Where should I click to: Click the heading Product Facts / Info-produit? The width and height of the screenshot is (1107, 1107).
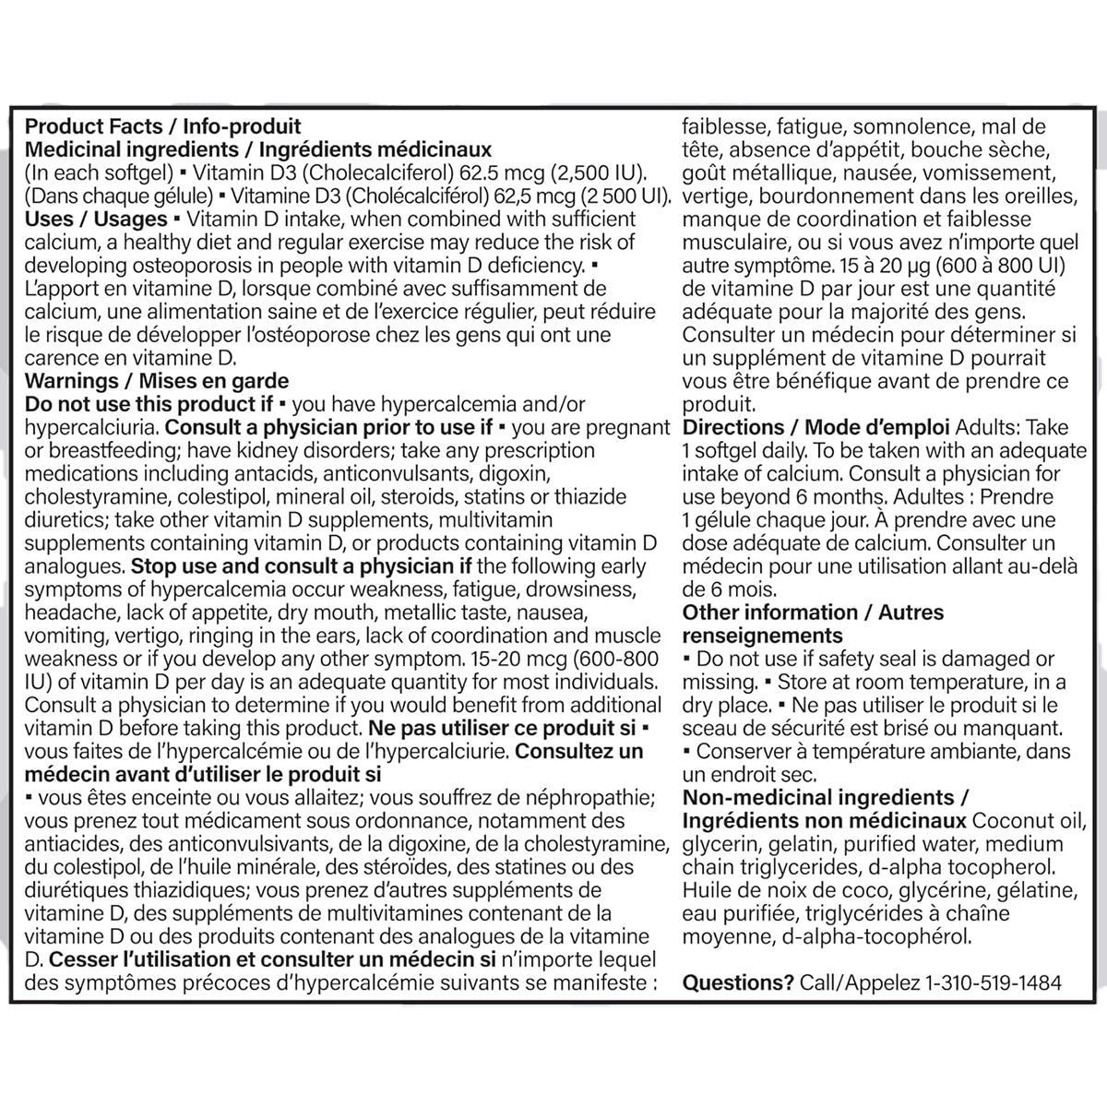162,126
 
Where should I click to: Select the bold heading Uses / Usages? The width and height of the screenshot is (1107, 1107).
95,219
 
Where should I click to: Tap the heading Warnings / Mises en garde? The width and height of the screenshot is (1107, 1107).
156,381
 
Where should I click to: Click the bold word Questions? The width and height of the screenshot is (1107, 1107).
738,982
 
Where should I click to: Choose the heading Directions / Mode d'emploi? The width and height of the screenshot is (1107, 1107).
816,427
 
